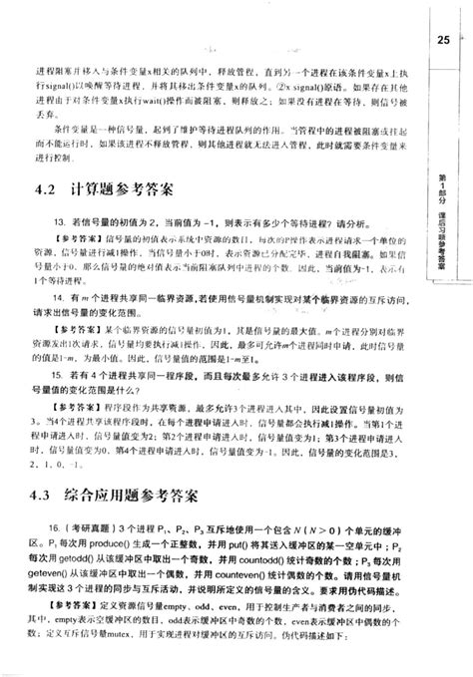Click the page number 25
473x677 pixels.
[444, 40]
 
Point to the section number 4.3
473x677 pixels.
[47, 495]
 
